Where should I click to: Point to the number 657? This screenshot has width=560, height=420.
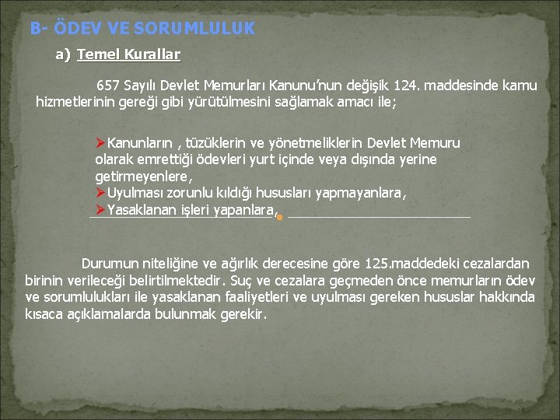(x=108, y=85)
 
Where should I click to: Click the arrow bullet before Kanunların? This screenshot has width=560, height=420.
(x=100, y=143)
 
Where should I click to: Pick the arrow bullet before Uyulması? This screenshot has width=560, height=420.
(x=100, y=193)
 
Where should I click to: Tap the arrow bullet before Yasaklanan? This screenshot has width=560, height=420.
(x=100, y=209)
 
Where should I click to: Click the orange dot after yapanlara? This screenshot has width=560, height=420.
(x=279, y=218)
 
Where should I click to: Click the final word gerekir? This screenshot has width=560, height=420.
(x=242, y=315)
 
